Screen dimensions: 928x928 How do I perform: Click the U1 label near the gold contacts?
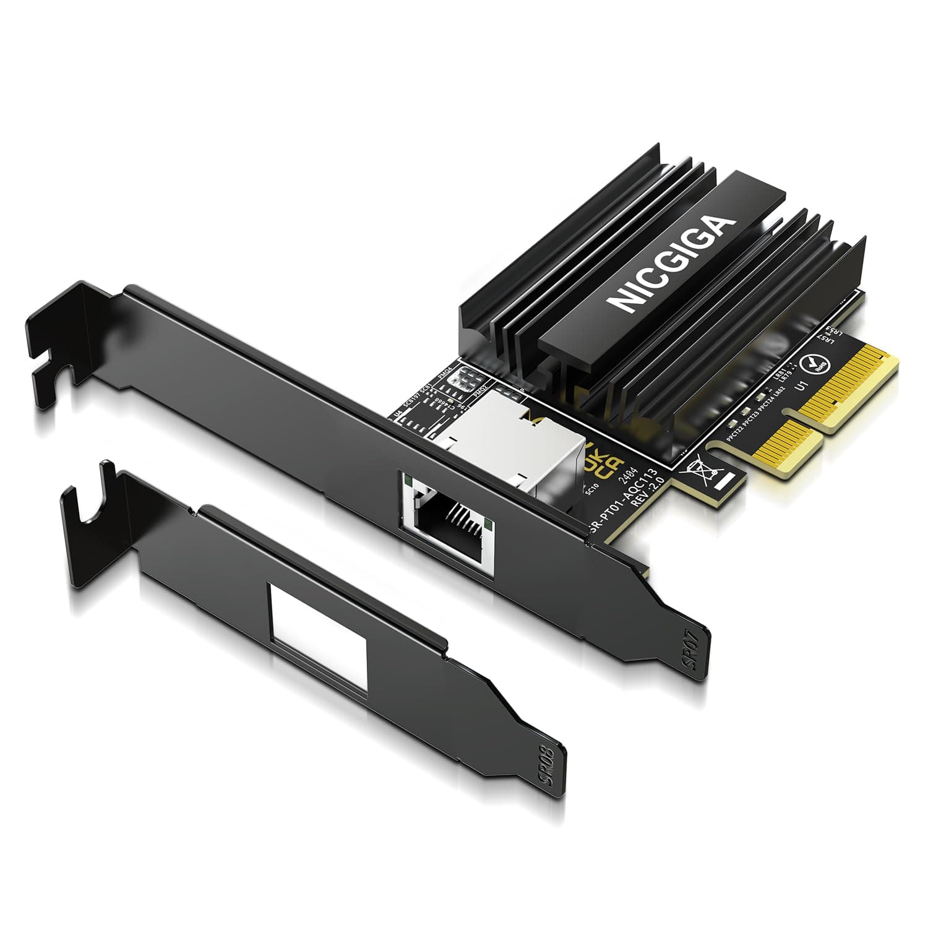coord(802,388)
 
